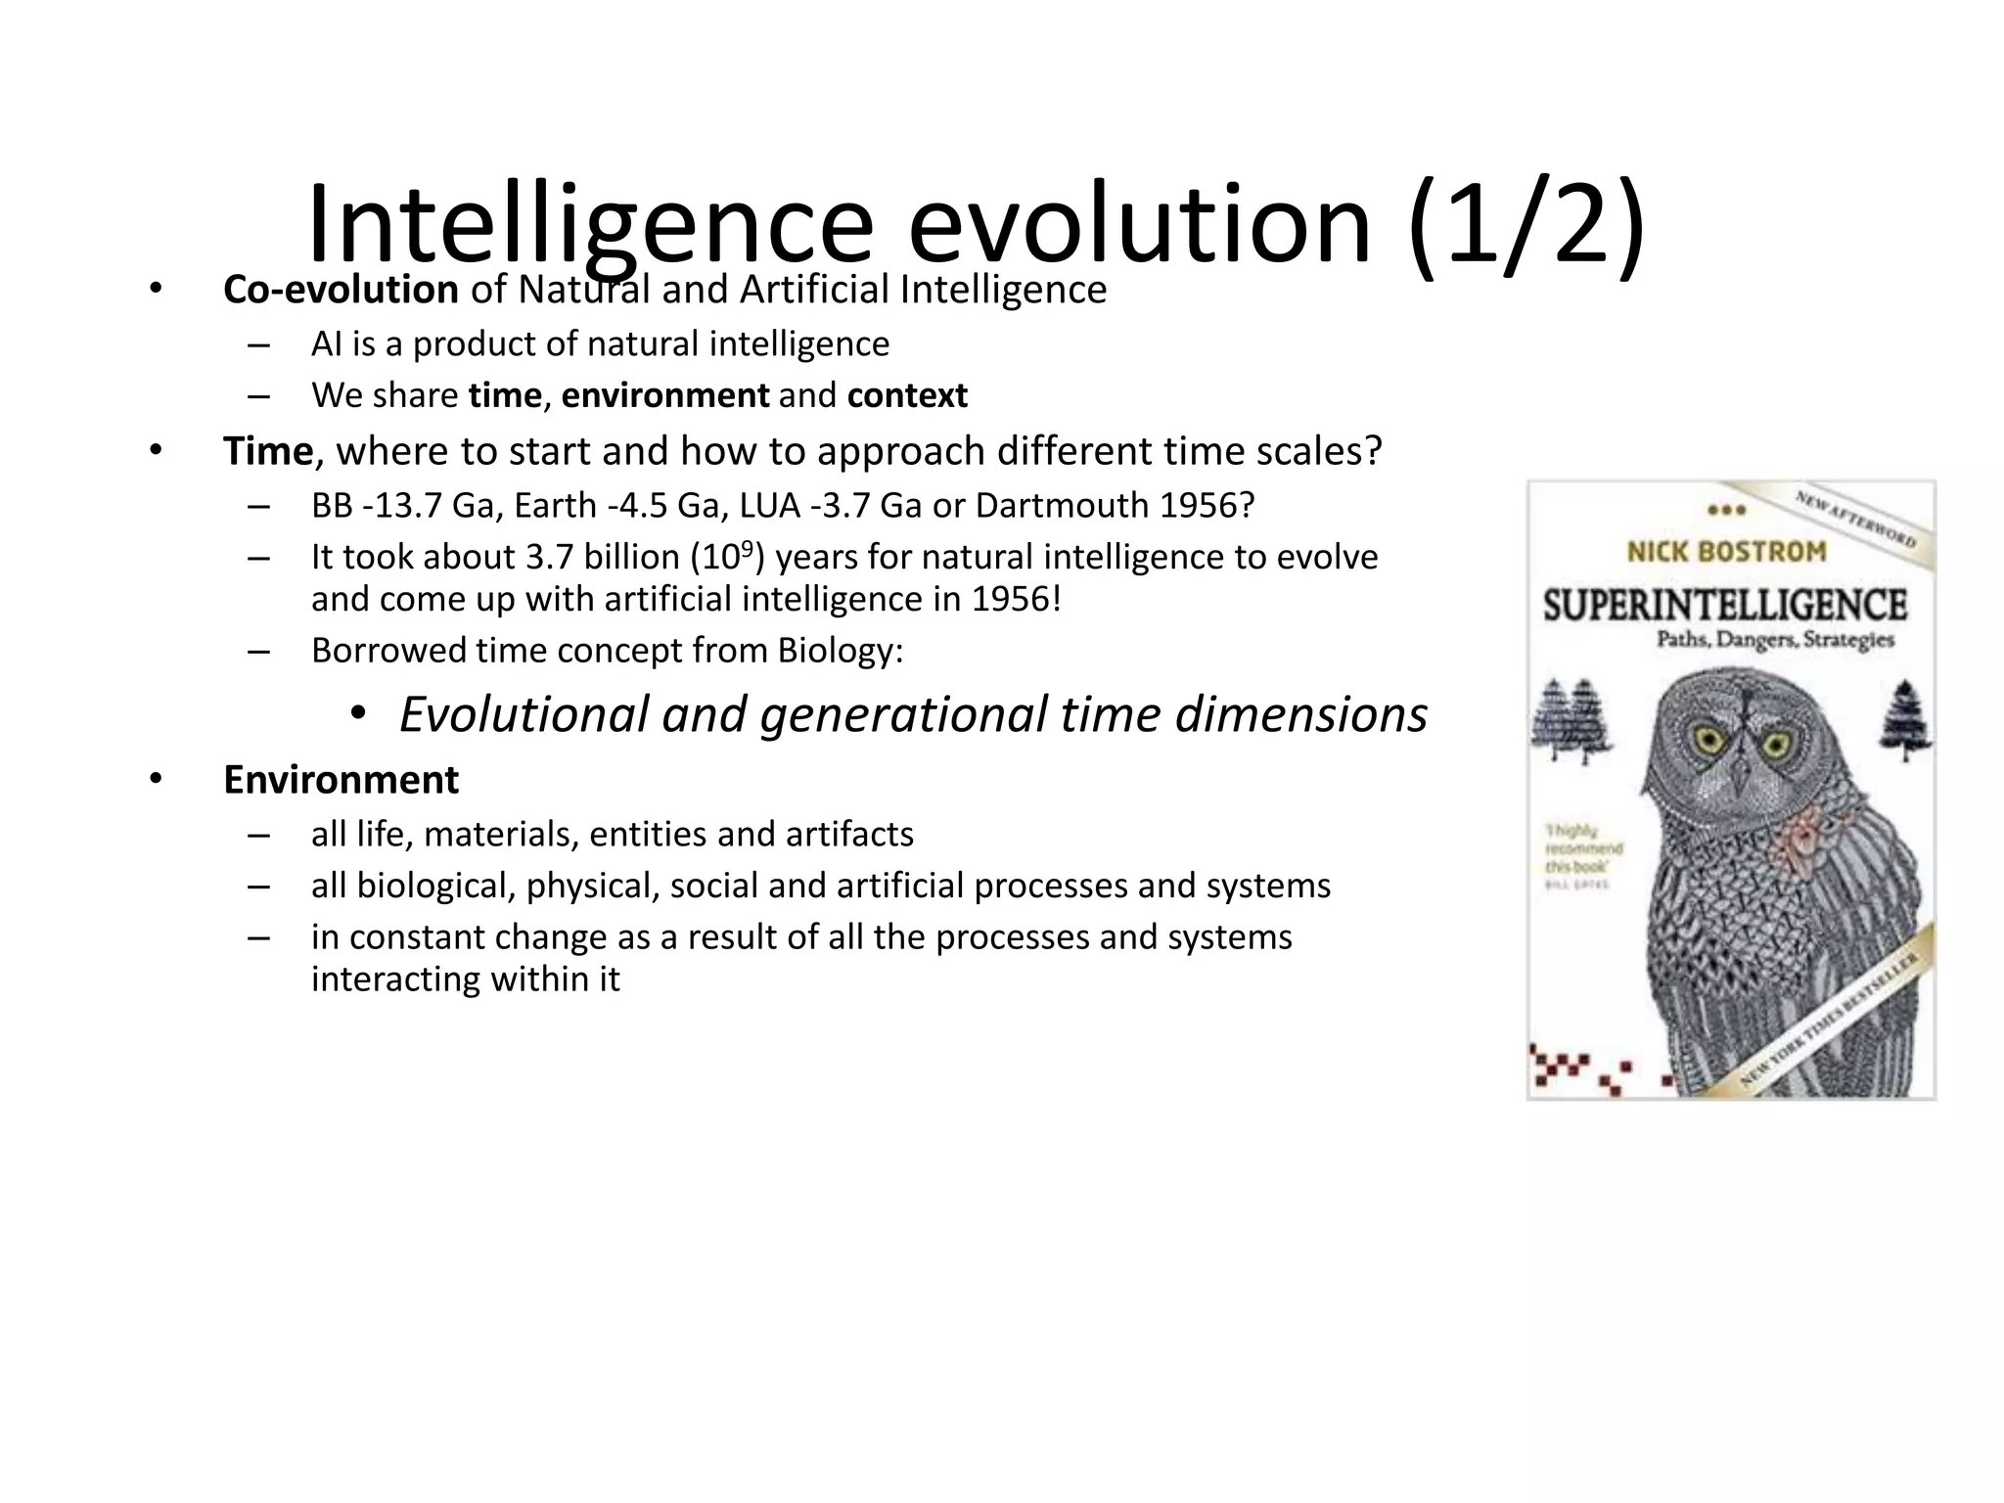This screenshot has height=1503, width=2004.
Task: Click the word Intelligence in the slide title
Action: tap(589, 227)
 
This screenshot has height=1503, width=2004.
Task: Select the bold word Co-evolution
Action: tap(341, 290)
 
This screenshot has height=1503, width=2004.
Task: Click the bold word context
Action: tap(907, 395)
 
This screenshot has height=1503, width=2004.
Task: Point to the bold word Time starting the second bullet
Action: tap(267, 451)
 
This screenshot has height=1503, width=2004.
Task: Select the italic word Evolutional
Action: tap(524, 714)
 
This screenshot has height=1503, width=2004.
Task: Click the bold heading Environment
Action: tap(341, 780)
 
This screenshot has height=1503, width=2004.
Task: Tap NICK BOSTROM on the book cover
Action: tap(1726, 552)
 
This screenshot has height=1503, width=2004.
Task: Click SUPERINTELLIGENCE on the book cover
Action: tap(1725, 604)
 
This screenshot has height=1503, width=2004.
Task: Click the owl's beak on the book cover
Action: tap(1740, 779)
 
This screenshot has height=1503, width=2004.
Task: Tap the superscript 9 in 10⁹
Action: tap(747, 547)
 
